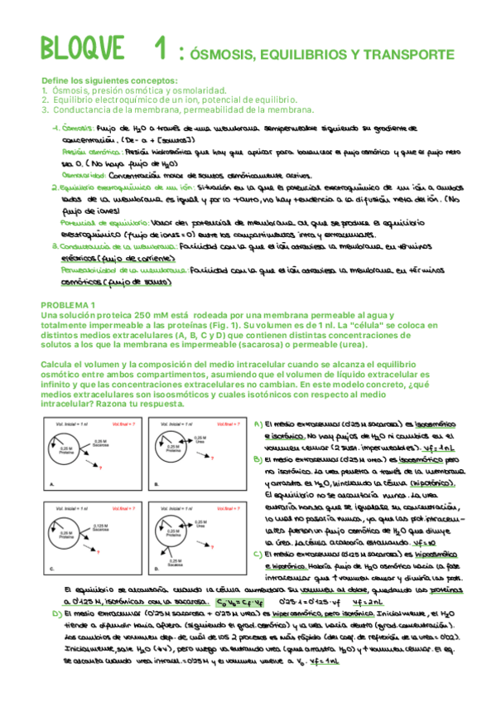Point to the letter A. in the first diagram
tap(52, 483)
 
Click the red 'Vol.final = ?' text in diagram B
tap(214, 423)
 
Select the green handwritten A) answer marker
tap(257, 424)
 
